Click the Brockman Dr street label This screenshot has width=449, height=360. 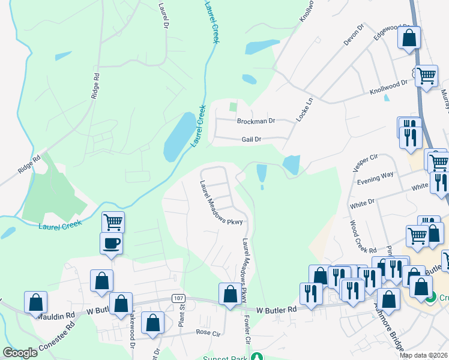[x=256, y=121]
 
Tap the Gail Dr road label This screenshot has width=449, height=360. [x=251, y=139]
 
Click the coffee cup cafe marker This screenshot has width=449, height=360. [x=112, y=244]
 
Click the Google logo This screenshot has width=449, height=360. [x=20, y=353]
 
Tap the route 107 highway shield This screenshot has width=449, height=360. [x=178, y=298]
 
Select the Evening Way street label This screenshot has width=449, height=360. [x=375, y=174]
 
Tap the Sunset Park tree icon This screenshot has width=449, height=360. [x=258, y=356]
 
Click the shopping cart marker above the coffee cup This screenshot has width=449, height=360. [x=113, y=222]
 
